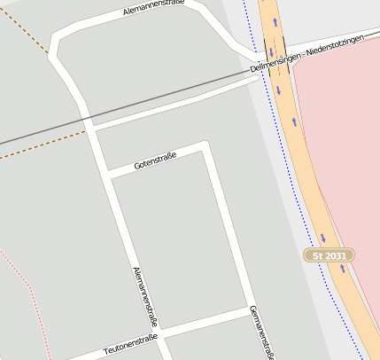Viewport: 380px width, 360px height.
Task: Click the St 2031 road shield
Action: [330, 255]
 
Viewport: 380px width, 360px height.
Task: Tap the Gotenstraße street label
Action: [155, 160]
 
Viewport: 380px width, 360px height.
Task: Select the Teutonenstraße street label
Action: [130, 342]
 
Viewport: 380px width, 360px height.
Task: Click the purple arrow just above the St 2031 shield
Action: [323, 238]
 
